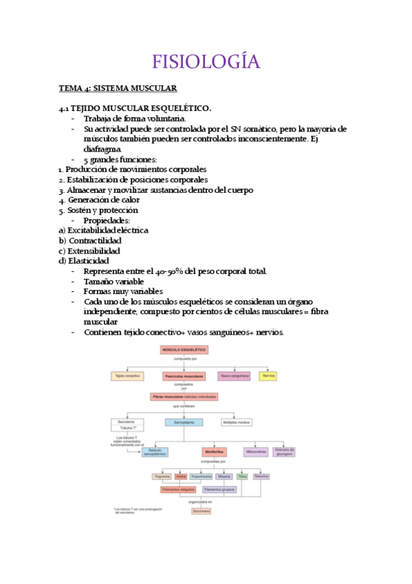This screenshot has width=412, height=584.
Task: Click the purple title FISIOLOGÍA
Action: [x=206, y=61]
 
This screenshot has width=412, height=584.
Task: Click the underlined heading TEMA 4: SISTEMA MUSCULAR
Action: [x=118, y=88]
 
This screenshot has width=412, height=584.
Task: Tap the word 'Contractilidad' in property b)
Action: [x=94, y=240]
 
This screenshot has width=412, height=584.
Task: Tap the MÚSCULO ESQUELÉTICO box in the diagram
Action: [x=184, y=350]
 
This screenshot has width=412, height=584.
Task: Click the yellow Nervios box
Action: [x=268, y=376]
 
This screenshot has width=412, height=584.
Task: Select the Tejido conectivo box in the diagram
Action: [x=127, y=376]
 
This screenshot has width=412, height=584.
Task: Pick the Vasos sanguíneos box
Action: [x=233, y=376]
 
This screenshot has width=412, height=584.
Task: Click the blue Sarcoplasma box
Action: [x=184, y=422]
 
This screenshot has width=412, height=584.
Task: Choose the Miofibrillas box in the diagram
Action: [x=213, y=452]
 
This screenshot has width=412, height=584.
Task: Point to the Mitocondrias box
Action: [x=256, y=452]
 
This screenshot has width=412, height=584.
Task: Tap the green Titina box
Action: [x=242, y=476]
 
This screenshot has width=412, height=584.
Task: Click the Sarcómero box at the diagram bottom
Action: [x=201, y=511]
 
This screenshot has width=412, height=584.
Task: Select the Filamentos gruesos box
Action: [x=219, y=489]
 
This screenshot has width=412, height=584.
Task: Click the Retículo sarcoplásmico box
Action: [x=155, y=452]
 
